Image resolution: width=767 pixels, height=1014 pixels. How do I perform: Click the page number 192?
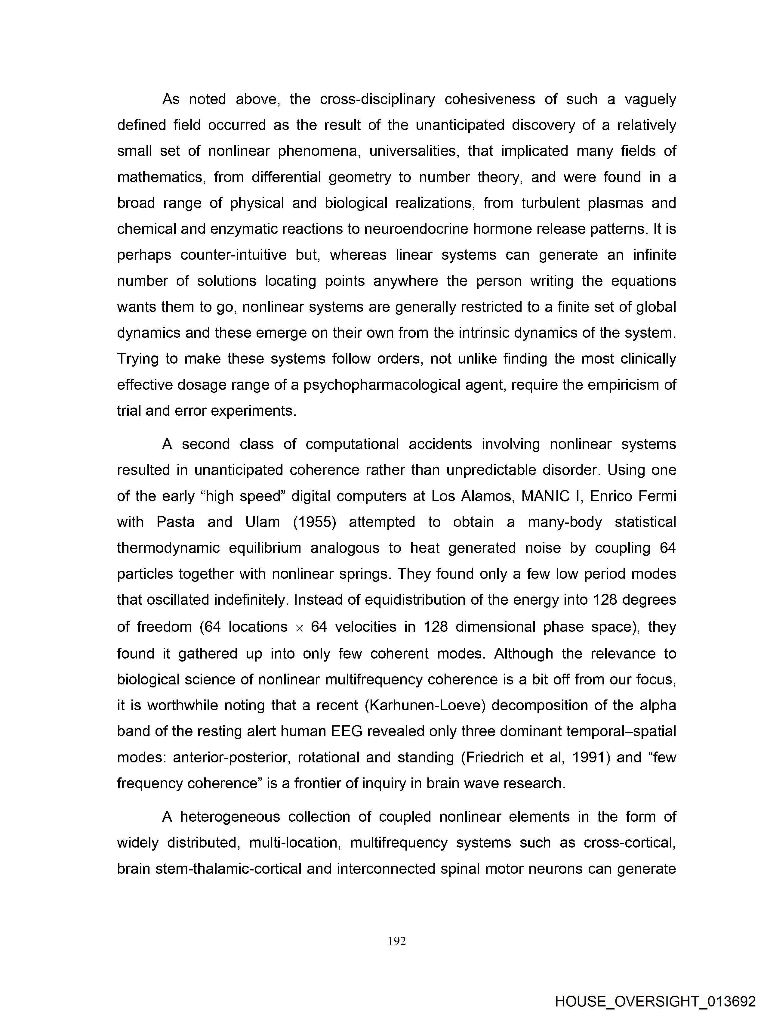point(397,941)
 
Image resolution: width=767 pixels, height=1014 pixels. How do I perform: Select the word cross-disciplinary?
point(377,100)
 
